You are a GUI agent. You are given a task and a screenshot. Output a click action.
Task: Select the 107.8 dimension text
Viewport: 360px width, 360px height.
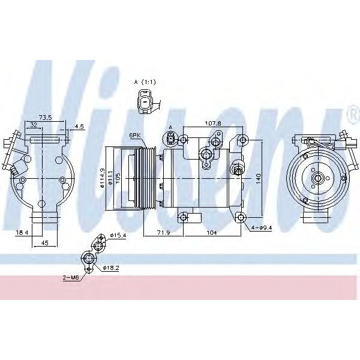click(212, 123)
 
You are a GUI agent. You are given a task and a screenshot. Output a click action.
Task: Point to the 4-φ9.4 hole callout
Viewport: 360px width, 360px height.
click(262, 227)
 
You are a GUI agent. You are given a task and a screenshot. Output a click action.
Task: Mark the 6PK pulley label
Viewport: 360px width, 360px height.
click(136, 136)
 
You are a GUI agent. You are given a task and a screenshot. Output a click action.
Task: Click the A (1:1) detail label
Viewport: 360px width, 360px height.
click(145, 81)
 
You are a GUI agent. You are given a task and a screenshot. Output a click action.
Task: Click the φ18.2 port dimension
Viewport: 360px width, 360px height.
click(111, 268)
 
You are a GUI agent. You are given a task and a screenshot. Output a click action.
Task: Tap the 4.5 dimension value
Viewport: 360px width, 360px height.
click(80, 127)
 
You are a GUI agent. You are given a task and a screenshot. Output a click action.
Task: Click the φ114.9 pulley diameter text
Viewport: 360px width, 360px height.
click(103, 177)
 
